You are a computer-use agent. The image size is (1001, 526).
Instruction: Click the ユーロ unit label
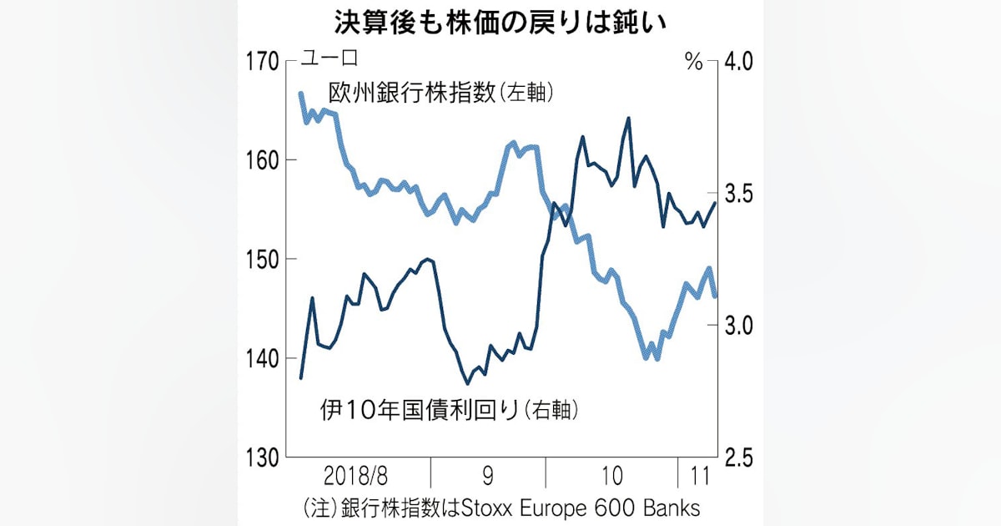coord(328,60)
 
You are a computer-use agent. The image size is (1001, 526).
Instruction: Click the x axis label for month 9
coord(488,478)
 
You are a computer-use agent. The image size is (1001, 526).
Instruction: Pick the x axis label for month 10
coord(611,478)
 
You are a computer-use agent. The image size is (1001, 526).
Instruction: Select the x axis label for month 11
coord(696,478)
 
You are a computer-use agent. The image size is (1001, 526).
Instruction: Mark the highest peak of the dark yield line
coord(627,119)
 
